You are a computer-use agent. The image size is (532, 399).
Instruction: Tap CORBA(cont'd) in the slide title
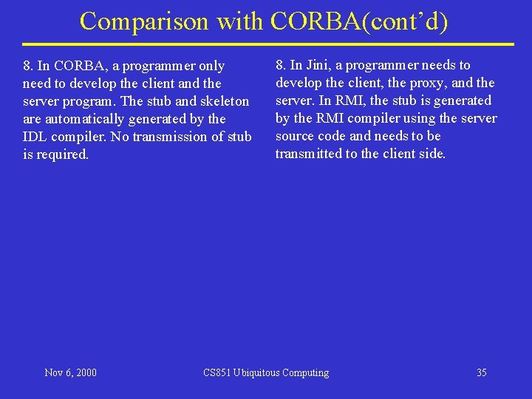pos(360,21)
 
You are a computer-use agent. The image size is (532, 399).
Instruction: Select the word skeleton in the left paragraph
pos(225,101)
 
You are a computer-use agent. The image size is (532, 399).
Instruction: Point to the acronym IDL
pos(35,137)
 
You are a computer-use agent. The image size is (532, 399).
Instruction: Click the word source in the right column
pos(295,136)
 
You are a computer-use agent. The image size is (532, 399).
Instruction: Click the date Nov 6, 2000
pos(70,372)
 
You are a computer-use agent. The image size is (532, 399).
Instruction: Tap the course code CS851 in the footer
pos(217,372)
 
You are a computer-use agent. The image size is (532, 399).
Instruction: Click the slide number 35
pos(481,372)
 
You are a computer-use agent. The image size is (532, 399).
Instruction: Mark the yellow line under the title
pos(267,44)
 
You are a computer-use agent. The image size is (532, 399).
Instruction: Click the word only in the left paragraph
pos(210,66)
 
